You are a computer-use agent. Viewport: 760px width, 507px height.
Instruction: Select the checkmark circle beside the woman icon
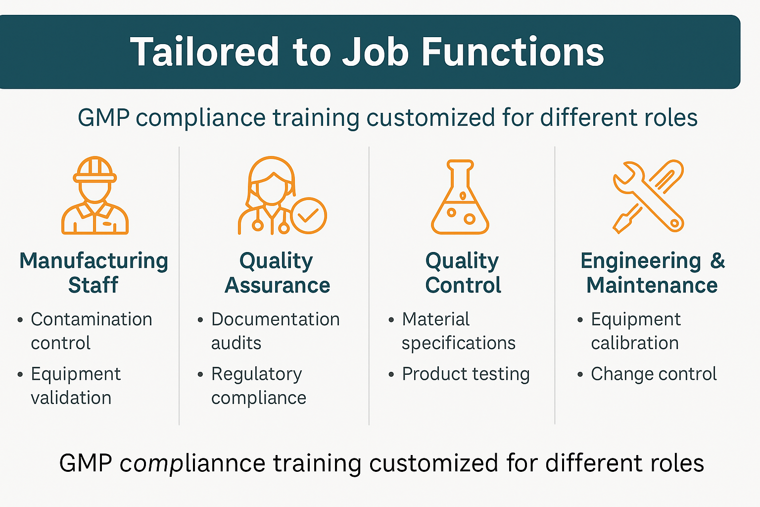coord(309,215)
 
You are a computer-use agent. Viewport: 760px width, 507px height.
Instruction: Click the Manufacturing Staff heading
coord(94,273)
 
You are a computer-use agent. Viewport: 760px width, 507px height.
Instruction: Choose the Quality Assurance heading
coord(277,273)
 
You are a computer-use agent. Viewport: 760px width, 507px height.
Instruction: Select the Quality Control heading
coord(463,273)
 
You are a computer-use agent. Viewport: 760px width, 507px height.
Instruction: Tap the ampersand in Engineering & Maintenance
coord(717,261)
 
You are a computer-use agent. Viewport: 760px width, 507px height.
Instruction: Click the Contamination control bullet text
coord(91,331)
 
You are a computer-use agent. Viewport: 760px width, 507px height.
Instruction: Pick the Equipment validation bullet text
coord(75,386)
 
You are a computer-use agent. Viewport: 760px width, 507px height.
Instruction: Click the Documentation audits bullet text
coord(275,331)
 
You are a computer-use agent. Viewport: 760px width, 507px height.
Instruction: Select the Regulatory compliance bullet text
coord(258,386)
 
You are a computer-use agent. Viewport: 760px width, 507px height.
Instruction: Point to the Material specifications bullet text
coord(458,331)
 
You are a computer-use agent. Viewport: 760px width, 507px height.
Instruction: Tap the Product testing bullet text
coord(465,374)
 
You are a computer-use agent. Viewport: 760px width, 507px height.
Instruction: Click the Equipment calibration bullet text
coord(635,331)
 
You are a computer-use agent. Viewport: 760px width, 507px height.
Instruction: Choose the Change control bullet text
coord(653,374)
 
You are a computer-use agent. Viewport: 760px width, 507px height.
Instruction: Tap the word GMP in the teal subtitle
coord(103,118)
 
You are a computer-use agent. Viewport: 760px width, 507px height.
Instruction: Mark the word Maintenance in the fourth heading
coord(652,286)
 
